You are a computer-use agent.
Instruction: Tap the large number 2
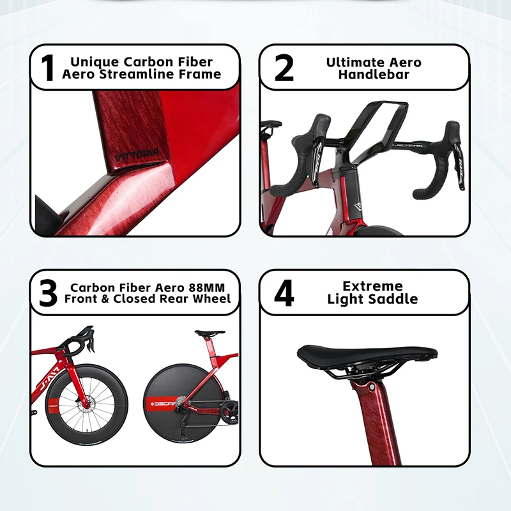284,69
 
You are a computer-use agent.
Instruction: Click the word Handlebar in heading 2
374,75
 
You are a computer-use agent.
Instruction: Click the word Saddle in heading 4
395,299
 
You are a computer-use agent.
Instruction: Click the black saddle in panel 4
367,353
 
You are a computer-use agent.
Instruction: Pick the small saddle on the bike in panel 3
210,333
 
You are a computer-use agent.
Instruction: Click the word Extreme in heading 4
372,286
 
